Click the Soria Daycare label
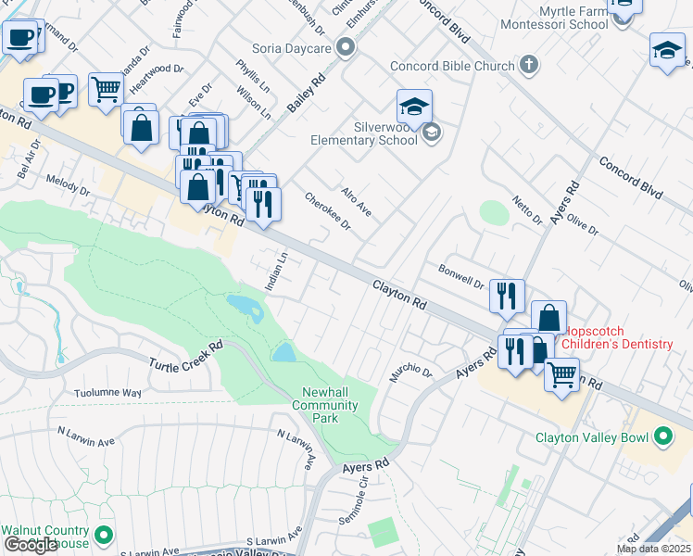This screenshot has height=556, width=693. (292, 46)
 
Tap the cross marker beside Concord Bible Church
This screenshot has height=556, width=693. (528, 66)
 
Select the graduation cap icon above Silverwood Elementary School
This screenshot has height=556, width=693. (414, 107)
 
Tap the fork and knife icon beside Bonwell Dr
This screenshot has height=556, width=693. (507, 296)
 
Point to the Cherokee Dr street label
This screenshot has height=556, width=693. (328, 211)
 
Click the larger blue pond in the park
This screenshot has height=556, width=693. (244, 307)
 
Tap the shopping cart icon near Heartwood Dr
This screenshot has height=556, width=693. (107, 90)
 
